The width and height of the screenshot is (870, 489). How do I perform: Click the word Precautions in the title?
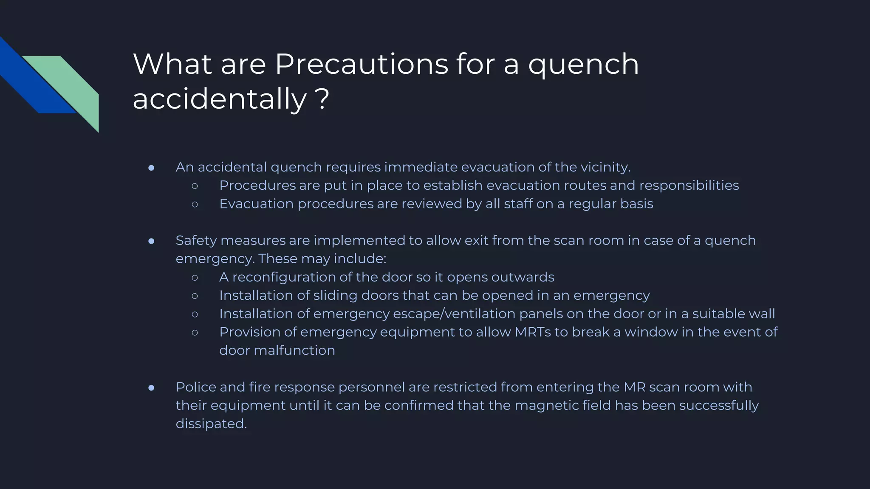pyautogui.click(x=362, y=65)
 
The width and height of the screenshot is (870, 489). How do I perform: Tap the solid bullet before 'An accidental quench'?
pyautogui.click(x=151, y=168)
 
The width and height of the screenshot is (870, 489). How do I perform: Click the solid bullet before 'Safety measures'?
pyautogui.click(x=151, y=241)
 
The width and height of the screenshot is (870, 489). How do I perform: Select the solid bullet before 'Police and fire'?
pyautogui.click(x=151, y=388)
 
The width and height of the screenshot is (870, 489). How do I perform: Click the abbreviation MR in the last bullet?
pyautogui.click(x=634, y=387)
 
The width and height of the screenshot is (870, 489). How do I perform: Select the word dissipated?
pyautogui.click(x=211, y=424)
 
